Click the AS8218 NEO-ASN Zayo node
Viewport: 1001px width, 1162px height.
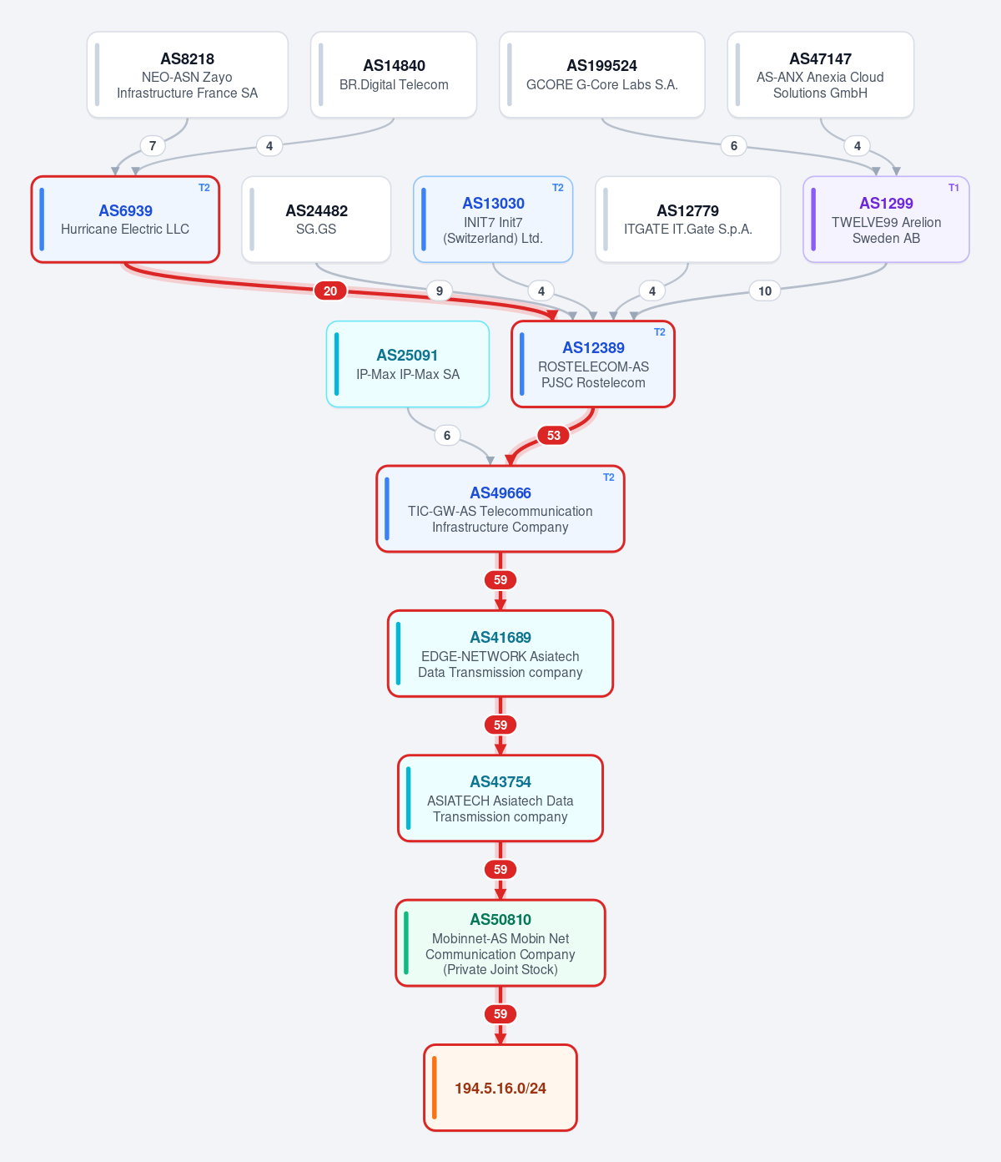pyautogui.click(x=187, y=75)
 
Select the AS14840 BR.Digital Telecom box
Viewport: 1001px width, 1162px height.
pyautogui.click(x=394, y=75)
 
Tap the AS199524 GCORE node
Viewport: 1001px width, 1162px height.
pyautogui.click(x=601, y=75)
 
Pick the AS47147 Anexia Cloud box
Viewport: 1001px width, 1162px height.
pyautogui.click(x=820, y=75)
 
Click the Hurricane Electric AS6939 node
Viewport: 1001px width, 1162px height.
pyautogui.click(x=125, y=220)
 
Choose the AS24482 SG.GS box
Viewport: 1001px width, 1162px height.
pyautogui.click(x=316, y=220)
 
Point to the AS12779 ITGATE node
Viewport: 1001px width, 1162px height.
pyautogui.click(x=687, y=220)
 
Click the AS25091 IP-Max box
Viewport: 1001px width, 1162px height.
pyautogui.click(x=408, y=364)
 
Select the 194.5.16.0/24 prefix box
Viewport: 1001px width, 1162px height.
pyautogui.click(x=500, y=1087)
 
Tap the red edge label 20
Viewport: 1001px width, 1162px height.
pyautogui.click(x=330, y=291)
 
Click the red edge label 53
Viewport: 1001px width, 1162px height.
pyautogui.click(x=554, y=435)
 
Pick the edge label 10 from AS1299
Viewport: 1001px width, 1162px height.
pyautogui.click(x=765, y=291)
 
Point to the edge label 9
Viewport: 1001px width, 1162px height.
pyautogui.click(x=440, y=291)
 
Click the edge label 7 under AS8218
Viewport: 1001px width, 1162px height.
pyautogui.click(x=152, y=146)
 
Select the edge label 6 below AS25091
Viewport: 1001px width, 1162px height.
pyautogui.click(x=447, y=435)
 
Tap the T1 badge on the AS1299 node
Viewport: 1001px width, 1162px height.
pyautogui.click(x=953, y=188)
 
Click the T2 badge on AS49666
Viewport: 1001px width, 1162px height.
pyautogui.click(x=609, y=477)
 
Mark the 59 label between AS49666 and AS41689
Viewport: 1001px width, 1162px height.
pyautogui.click(x=500, y=579)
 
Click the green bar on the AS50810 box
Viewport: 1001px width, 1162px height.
pyautogui.click(x=406, y=942)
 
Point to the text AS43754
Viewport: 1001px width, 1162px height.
pyautogui.click(x=500, y=781)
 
